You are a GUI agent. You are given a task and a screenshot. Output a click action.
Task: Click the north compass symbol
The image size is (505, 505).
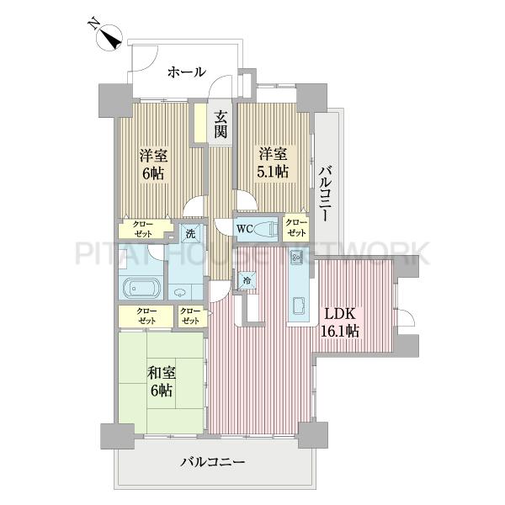coord(109,36)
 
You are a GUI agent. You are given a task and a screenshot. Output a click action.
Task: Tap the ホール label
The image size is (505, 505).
coord(187,72)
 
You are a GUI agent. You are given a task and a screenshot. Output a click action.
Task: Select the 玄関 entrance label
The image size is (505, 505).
coord(221,124)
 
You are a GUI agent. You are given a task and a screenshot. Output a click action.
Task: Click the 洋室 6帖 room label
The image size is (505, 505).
coord(153,164)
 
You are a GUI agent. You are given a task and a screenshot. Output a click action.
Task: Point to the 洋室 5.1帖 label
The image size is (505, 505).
coord(273,162)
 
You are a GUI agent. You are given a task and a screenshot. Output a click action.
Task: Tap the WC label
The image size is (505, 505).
coord(244,229)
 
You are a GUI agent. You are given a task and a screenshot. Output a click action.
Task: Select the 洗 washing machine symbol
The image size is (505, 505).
coord(191,233)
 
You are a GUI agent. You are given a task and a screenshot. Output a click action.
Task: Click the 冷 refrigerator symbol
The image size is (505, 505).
coord(247,280)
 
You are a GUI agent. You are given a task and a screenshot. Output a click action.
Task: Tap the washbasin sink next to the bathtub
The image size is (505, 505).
coord(178,292)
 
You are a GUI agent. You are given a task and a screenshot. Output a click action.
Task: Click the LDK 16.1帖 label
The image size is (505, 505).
coord(340,322)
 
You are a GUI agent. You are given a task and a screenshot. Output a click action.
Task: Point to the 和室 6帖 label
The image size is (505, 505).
coord(162,382)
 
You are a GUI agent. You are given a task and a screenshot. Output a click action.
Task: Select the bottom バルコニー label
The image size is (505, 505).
coord(213,462)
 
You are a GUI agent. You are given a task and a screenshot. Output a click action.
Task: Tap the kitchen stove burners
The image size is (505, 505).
coord(296,257)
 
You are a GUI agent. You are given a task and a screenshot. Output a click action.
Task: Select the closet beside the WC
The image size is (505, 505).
coord(295,229)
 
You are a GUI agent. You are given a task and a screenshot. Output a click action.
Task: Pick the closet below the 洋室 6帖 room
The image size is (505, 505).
coord(144,229)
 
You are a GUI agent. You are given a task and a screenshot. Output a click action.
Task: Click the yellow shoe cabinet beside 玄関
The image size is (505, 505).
coord(200,123)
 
